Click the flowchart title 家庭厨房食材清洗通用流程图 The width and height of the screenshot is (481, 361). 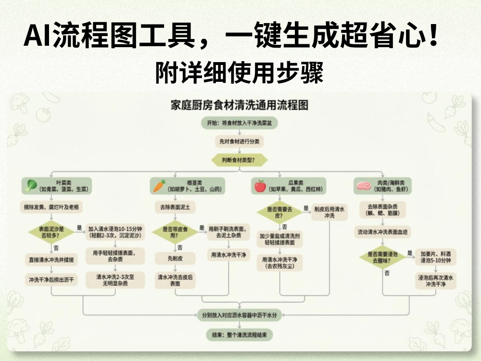pos(240,105)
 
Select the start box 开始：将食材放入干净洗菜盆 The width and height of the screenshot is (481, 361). pos(239,123)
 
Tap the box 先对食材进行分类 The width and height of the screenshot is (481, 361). pos(239,142)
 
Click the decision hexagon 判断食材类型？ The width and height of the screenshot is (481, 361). pos(239,160)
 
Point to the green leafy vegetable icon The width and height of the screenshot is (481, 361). pos(32,185)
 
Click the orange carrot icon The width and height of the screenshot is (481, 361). pos(159,186)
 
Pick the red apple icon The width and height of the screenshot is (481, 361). pos(260,186)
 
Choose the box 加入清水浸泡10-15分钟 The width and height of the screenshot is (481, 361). pos(115,232)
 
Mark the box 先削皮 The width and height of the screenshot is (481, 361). pos(175,258)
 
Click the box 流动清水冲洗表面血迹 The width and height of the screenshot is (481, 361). pos(383,232)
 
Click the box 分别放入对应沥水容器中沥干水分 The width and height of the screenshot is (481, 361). pos(239,315)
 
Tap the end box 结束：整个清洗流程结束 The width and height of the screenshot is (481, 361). pos(239,334)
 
